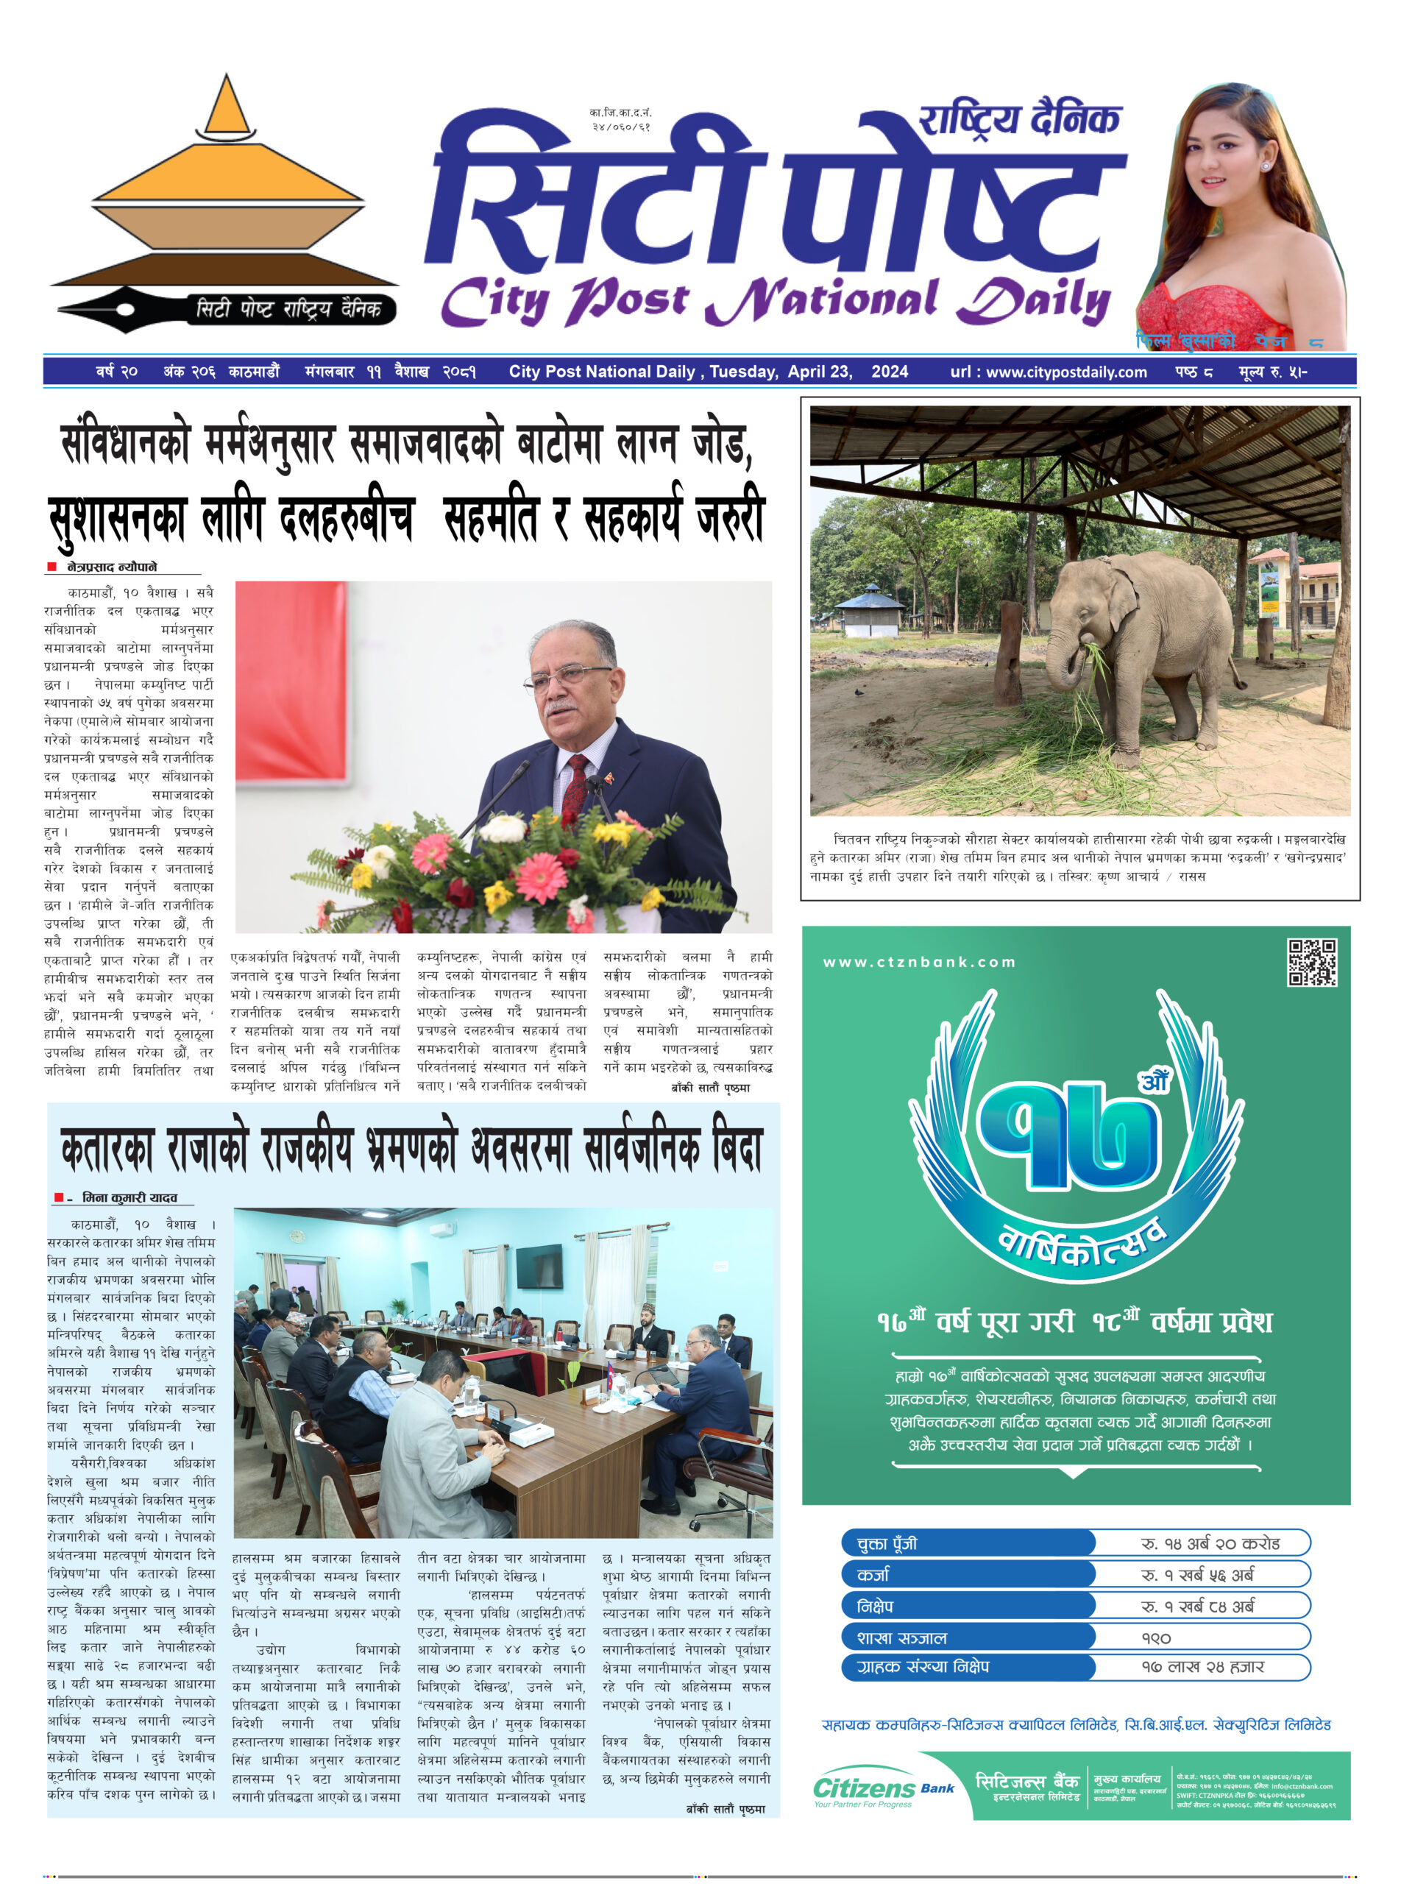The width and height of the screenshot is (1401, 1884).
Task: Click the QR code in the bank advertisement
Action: tap(1311, 962)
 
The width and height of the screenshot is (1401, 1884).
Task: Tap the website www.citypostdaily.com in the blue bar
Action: tap(1066, 372)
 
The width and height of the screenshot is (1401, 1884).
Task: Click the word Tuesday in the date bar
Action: tap(743, 372)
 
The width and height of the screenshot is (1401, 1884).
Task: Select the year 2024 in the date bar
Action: tap(889, 372)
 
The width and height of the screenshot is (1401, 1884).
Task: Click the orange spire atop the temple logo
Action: tap(227, 105)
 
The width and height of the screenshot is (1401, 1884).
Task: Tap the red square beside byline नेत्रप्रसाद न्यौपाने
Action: tap(52, 567)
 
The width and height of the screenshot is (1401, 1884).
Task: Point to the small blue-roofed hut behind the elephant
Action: tap(868, 610)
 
